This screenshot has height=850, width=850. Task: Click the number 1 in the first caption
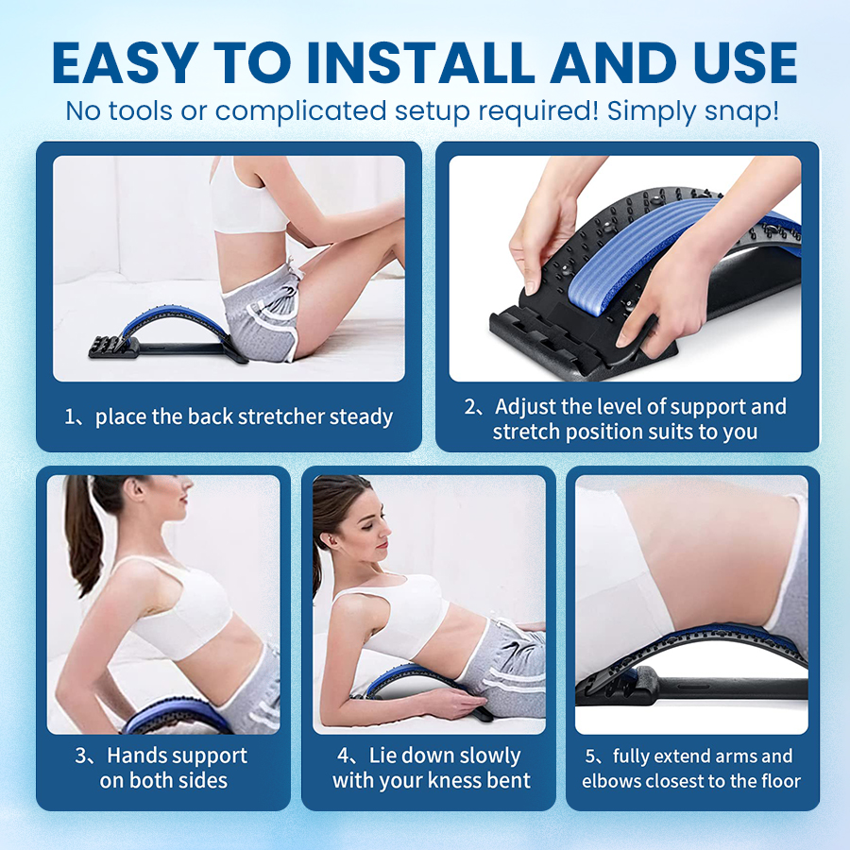[x=70, y=416]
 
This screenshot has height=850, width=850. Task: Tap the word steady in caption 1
[x=361, y=416]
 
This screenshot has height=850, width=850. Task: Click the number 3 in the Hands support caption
[x=81, y=756]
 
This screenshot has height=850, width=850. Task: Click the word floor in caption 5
[x=777, y=781]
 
